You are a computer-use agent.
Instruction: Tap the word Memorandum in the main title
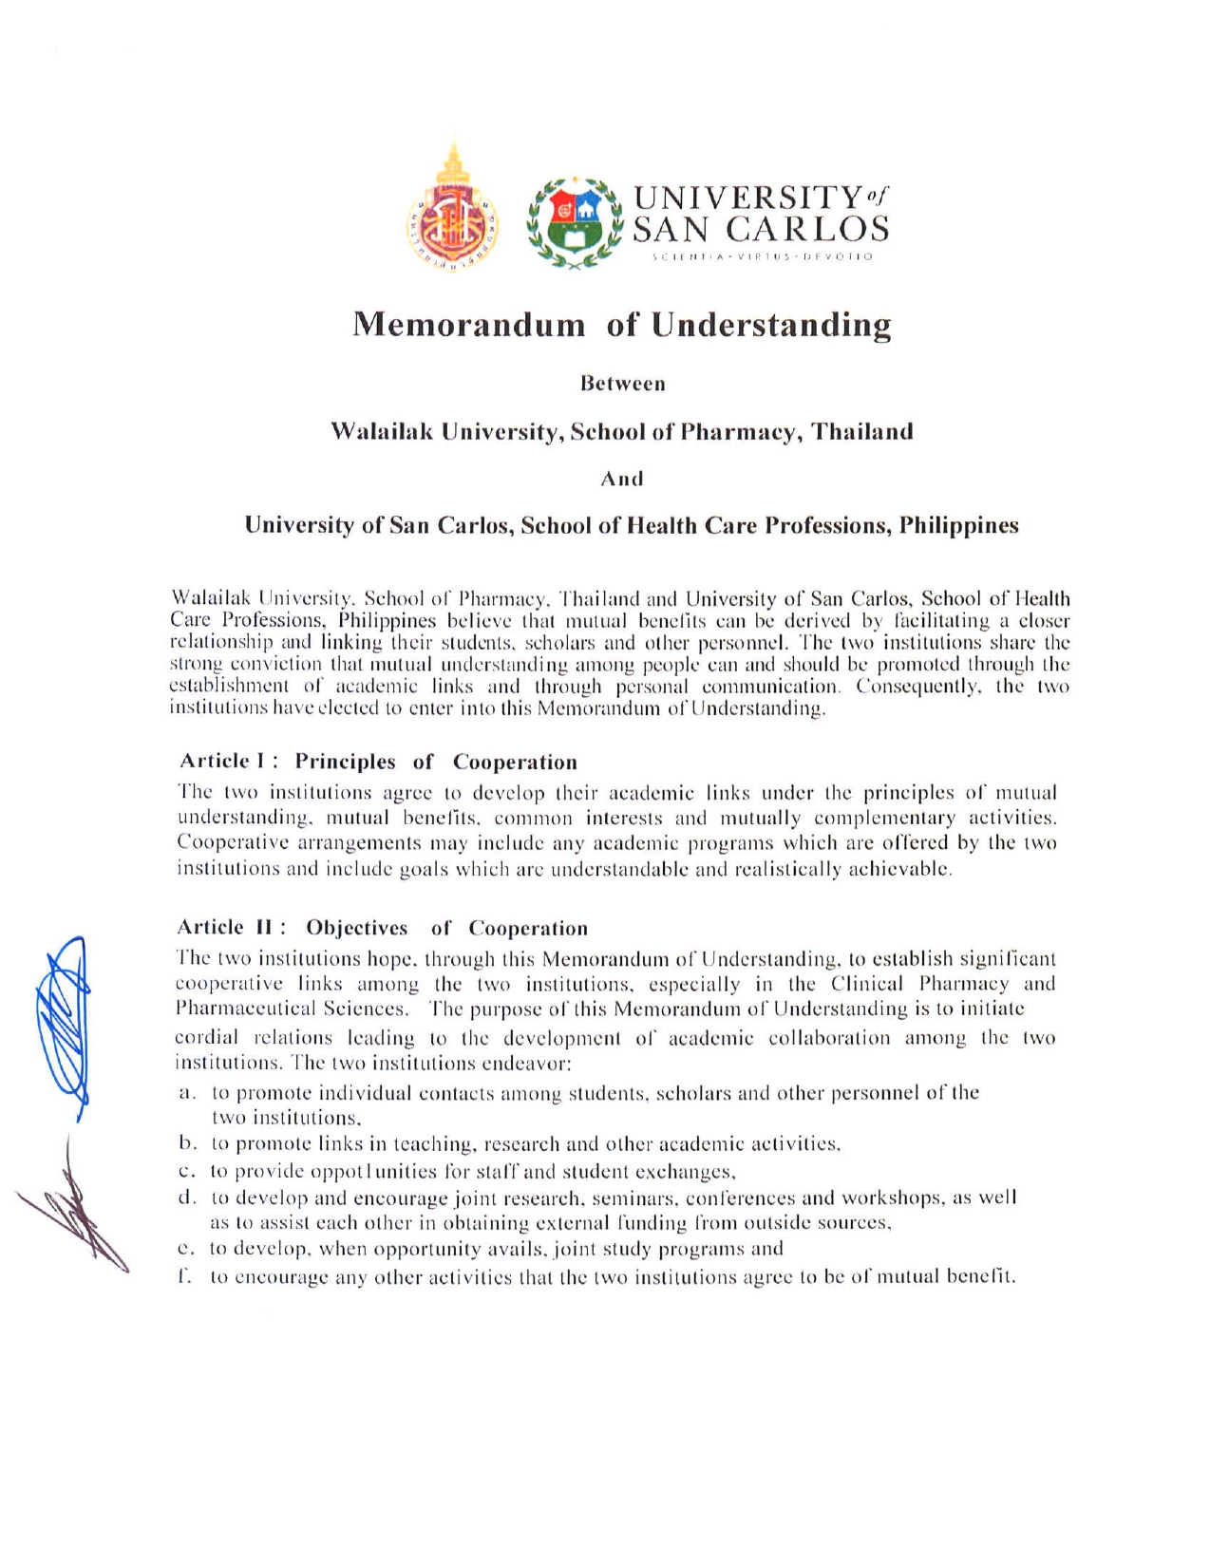[x=469, y=325]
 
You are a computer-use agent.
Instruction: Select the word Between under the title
[x=622, y=385]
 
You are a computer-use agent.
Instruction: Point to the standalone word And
[x=622, y=479]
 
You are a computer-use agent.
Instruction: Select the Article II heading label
[x=232, y=928]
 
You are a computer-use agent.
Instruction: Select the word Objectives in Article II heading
[x=357, y=928]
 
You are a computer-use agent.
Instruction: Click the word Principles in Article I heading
[x=345, y=762]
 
